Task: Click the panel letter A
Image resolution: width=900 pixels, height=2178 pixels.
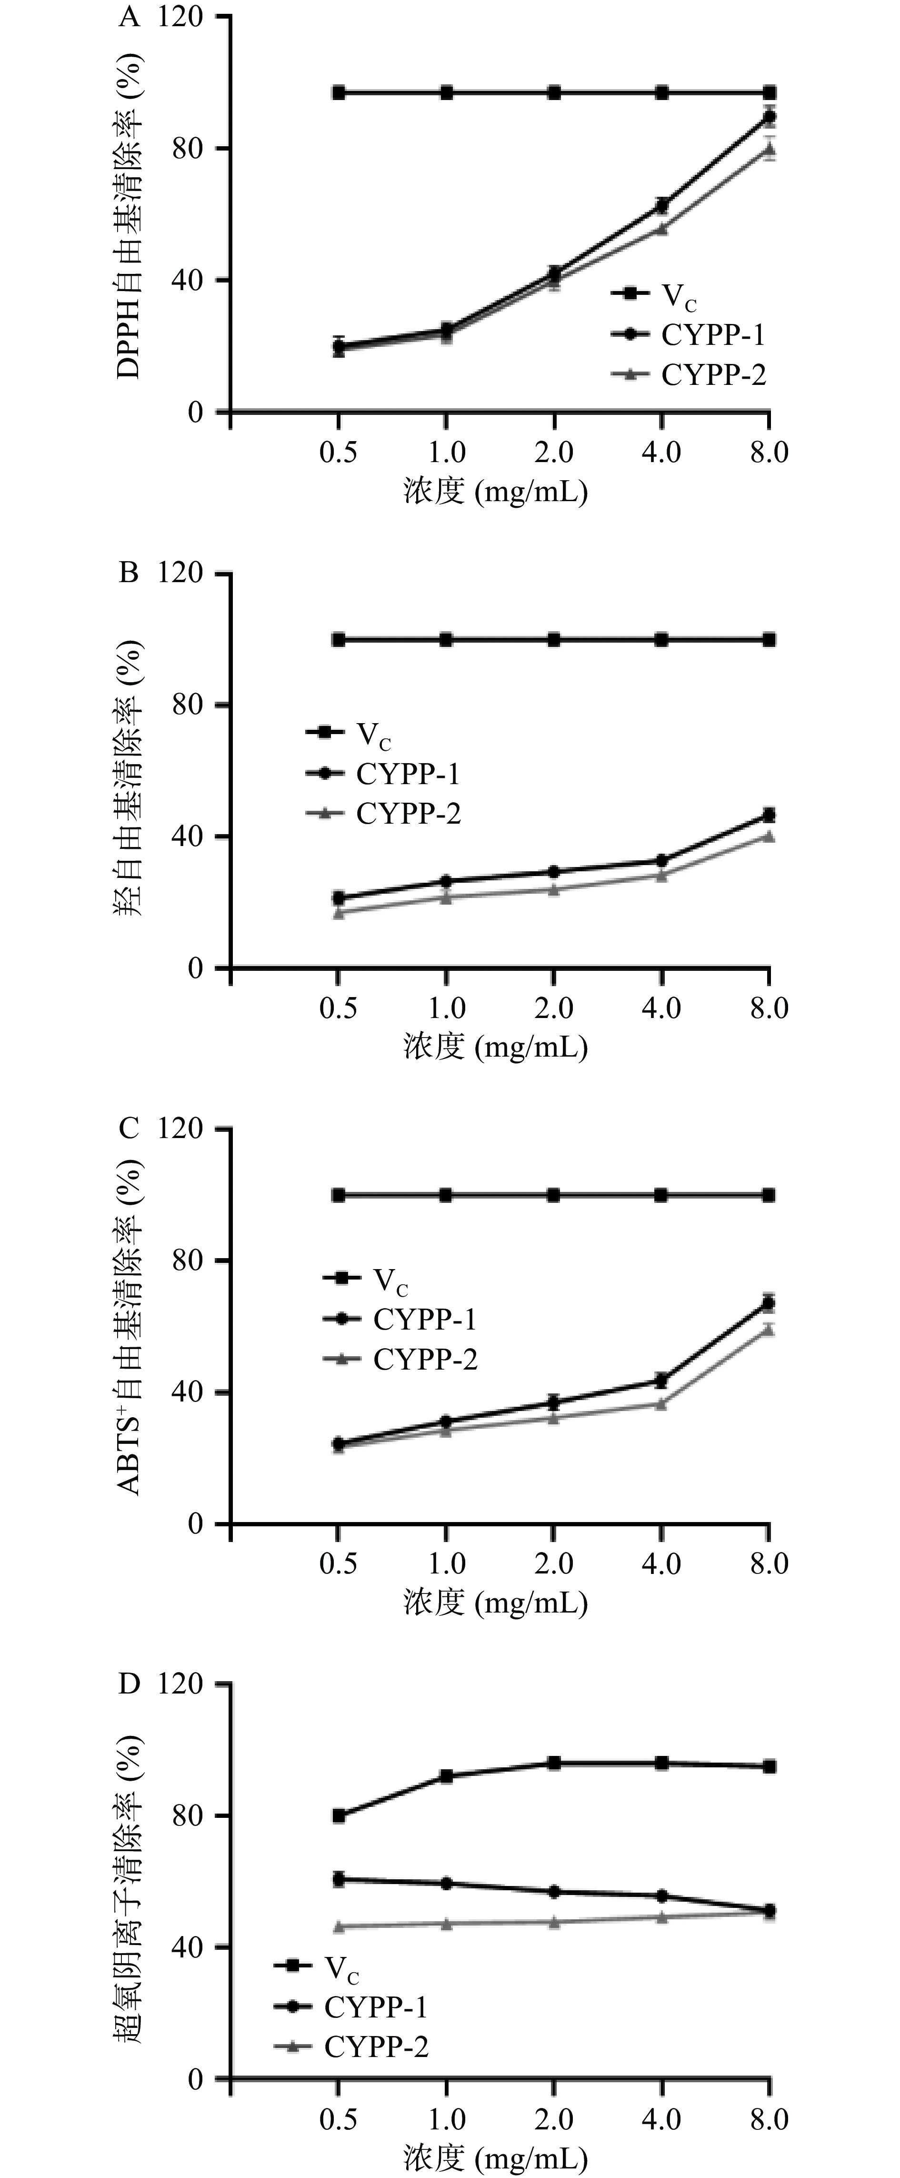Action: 129,17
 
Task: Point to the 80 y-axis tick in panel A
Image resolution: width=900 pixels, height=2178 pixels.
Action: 188,149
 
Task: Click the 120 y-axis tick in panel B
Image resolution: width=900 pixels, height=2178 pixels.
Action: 180,573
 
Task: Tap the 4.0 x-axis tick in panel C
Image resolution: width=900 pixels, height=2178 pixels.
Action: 661,1564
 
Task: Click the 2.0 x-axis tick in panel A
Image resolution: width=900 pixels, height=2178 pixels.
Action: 553,453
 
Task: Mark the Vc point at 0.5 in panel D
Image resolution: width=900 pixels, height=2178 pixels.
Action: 338,1815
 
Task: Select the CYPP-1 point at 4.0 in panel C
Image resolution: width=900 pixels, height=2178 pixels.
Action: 661,1380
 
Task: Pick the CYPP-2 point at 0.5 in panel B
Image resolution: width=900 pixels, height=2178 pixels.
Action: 338,912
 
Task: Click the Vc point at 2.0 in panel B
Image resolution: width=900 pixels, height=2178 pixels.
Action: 553,640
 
